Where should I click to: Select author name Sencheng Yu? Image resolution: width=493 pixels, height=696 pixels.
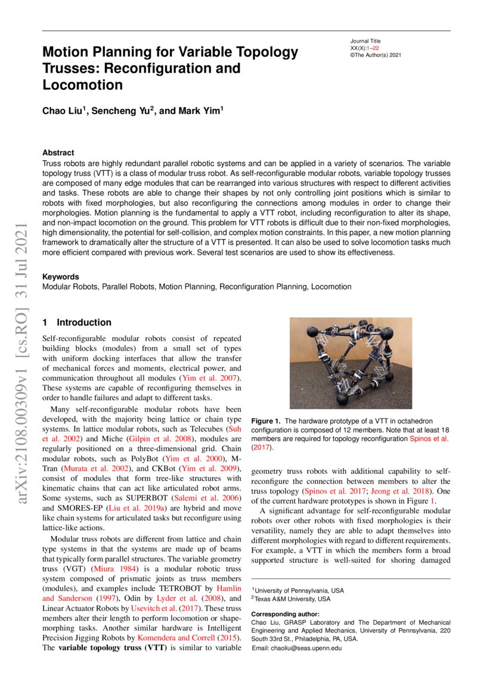[123, 111]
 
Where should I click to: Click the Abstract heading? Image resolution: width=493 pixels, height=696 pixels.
[58, 153]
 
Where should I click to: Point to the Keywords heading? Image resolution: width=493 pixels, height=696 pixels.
[60, 277]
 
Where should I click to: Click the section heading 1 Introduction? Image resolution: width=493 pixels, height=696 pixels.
[77, 323]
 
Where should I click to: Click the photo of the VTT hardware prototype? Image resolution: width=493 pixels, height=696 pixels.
[350, 363]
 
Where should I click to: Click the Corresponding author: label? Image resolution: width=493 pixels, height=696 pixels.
[285, 614]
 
